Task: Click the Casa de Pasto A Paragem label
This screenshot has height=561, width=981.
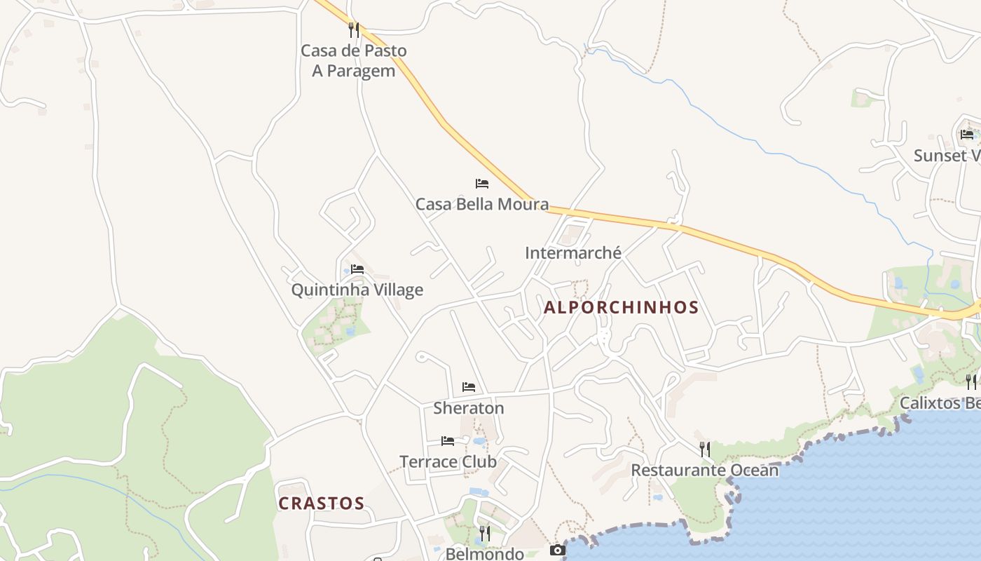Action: tap(353, 61)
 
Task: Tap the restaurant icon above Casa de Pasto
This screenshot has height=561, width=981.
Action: tap(354, 30)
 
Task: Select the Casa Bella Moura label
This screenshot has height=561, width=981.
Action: tap(482, 204)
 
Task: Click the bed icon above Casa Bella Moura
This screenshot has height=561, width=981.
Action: tap(482, 184)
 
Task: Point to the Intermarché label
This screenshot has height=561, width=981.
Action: tap(573, 253)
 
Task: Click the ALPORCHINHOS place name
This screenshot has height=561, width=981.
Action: tap(621, 307)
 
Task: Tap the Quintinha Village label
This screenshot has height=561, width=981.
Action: tap(357, 290)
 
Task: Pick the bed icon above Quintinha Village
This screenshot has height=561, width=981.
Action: tap(357, 269)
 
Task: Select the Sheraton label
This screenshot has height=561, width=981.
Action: tap(469, 407)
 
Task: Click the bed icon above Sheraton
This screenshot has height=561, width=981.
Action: tap(469, 387)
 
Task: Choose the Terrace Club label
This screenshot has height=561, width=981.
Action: tap(448, 461)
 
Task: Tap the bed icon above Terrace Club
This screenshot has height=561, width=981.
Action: tap(448, 441)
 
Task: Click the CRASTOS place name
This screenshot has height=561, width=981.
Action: tap(322, 503)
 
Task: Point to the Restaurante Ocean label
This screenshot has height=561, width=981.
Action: tap(705, 470)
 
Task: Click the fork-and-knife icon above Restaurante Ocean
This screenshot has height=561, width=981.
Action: tap(705, 449)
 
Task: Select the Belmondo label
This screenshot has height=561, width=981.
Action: tap(485, 554)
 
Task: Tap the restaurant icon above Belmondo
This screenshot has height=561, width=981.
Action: tap(484, 534)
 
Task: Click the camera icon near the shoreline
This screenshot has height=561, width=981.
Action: tap(557, 550)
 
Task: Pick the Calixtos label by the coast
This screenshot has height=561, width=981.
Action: tap(939, 403)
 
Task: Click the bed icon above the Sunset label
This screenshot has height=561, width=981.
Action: tap(967, 135)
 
